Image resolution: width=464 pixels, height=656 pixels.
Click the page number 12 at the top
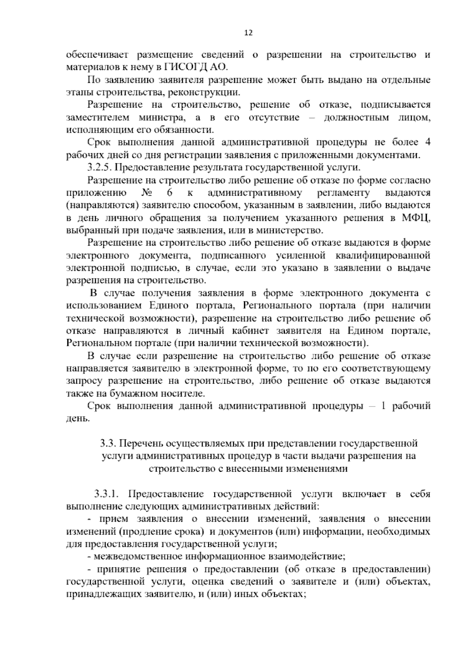click(249, 33)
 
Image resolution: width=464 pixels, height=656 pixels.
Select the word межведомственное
click(138, 557)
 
